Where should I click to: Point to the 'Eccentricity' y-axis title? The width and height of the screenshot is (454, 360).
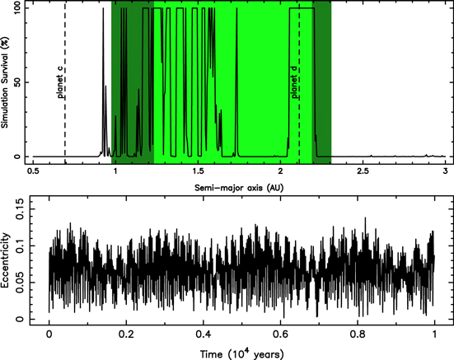7,263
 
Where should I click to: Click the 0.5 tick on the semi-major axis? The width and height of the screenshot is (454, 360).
33,171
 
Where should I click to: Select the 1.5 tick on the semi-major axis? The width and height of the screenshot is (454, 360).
198,171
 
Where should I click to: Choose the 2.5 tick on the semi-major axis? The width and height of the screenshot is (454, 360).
363,171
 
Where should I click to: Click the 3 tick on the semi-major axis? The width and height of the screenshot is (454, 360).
445,171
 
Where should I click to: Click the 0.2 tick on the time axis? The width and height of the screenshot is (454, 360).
126,336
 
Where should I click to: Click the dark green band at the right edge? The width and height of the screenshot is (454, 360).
322,82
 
